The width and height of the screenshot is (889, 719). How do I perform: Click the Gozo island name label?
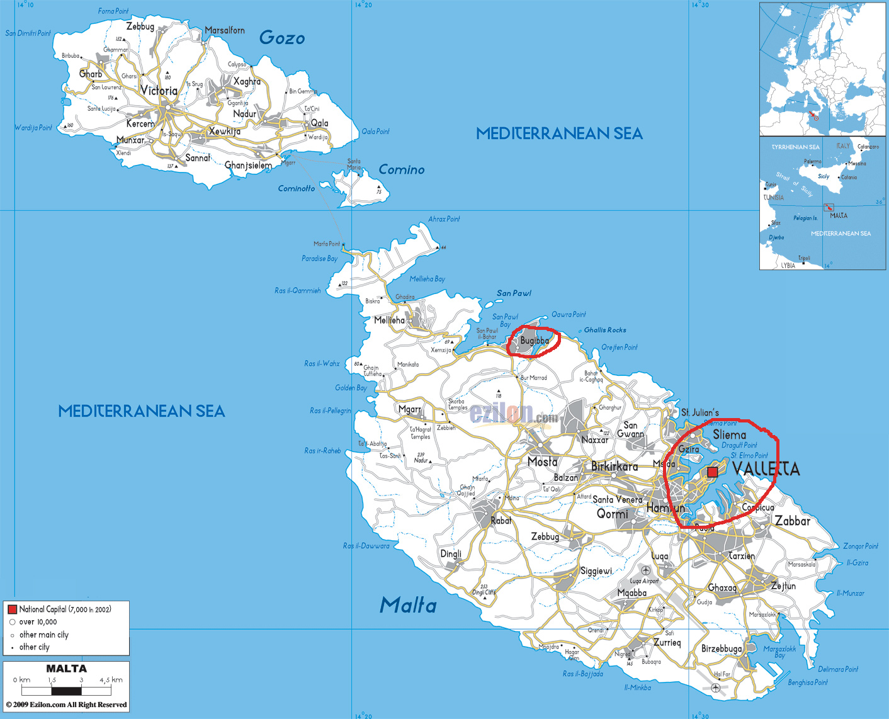pos(281,38)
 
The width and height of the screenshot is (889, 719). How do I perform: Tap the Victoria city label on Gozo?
pos(159,91)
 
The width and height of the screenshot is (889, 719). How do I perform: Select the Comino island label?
pos(401,169)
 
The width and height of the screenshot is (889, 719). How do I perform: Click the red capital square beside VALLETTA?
pos(712,472)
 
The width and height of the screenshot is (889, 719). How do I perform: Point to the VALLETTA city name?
pos(766,469)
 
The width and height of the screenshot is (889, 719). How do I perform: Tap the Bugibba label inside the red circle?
pos(534,341)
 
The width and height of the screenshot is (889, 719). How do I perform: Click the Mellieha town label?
pos(389,320)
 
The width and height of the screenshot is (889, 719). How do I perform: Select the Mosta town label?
pos(542,461)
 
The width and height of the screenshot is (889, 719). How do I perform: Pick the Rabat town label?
pos(501,521)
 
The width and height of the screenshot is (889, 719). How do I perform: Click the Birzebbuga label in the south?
pos(722,648)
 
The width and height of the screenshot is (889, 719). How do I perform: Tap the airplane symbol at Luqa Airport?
pos(645,570)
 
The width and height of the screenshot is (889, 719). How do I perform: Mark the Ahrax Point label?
pos(444,219)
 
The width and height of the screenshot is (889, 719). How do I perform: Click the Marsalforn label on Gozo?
pos(225,30)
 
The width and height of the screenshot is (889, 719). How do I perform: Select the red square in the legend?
pos(12,609)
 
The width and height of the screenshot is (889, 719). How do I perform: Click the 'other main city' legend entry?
pos(43,635)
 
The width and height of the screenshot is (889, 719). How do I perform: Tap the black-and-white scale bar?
pos(66,691)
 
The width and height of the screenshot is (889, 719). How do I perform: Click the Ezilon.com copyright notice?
pos(66,705)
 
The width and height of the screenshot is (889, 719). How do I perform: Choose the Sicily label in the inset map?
pos(824,176)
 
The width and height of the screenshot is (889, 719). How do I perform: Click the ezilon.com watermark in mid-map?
pos(513,414)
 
